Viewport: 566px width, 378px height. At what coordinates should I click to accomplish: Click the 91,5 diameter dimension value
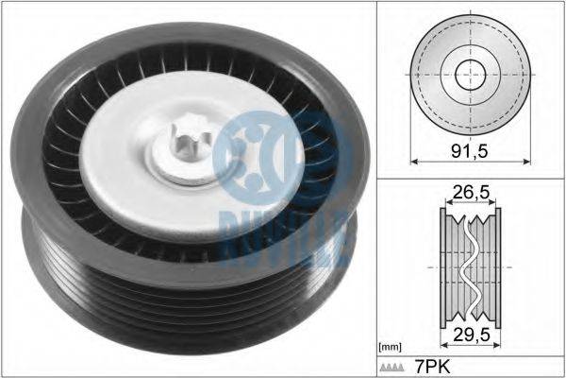(470, 151)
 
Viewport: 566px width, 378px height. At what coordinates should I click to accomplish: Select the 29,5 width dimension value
(472, 335)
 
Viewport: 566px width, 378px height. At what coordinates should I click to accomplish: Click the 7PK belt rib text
(432, 368)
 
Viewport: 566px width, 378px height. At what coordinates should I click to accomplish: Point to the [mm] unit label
(390, 348)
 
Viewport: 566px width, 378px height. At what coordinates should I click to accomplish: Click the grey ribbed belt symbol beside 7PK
(391, 368)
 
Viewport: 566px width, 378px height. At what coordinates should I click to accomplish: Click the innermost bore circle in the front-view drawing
(471, 75)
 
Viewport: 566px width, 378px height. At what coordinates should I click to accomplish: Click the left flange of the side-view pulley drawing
(443, 268)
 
